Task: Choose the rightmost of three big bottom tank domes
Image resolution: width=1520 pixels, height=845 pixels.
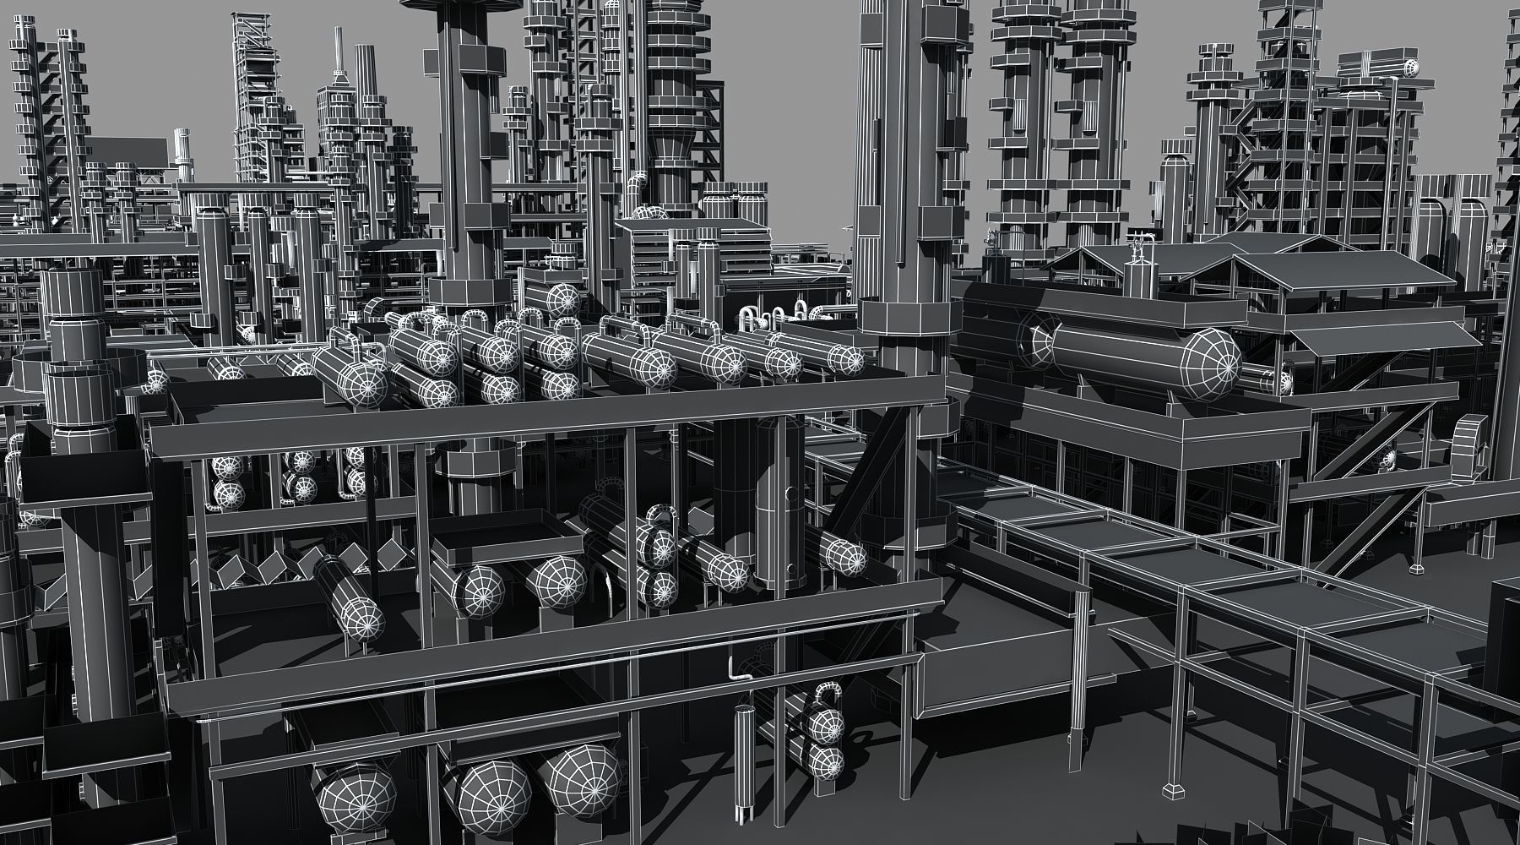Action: point(580,778)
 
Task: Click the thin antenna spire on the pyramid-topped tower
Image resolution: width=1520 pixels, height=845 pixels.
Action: point(337,51)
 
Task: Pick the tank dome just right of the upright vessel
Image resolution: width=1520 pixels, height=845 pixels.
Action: point(845,556)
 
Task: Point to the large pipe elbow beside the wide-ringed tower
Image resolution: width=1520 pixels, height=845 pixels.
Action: point(638,186)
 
